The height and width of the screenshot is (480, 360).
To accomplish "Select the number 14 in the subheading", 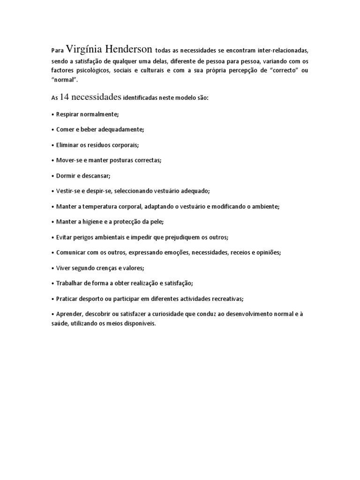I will [x=65, y=97].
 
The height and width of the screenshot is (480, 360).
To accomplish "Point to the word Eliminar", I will [x=69, y=145].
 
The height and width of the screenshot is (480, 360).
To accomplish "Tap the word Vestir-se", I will [x=69, y=191].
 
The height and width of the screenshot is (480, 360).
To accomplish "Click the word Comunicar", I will [x=72, y=252].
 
